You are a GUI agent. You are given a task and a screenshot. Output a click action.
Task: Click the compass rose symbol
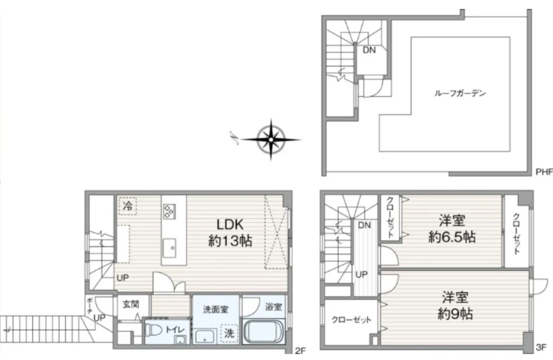click(271, 140)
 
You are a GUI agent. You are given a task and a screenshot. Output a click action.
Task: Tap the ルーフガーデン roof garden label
click(460, 93)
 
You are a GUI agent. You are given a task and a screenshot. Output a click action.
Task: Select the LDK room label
click(230, 224)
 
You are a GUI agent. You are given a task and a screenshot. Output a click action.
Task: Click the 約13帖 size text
click(230, 241)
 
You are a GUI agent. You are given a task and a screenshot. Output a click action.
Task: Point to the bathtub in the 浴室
click(263, 331)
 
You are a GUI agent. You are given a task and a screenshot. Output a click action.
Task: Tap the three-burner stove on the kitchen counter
click(169, 211)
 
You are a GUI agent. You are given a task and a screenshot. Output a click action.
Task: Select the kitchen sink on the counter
click(169, 248)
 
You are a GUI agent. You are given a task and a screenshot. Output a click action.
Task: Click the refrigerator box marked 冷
click(127, 206)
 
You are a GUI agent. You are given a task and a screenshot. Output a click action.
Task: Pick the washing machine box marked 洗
click(229, 333)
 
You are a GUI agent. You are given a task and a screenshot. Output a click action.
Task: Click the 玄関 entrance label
click(130, 304)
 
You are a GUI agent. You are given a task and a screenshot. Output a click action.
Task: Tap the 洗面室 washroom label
click(215, 309)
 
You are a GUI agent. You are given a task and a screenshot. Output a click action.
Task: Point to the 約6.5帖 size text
click(452, 237)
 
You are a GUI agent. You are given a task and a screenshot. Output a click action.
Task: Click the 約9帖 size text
click(455, 314)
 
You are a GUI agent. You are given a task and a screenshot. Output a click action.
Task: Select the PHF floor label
click(544, 172)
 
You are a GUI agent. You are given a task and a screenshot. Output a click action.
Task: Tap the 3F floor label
click(541, 348)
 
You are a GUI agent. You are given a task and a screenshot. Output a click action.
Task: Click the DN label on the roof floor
click(369, 50)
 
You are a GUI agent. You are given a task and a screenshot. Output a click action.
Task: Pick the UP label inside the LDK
click(123, 278)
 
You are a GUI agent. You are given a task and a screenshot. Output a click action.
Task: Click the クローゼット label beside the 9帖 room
click(351, 320)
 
